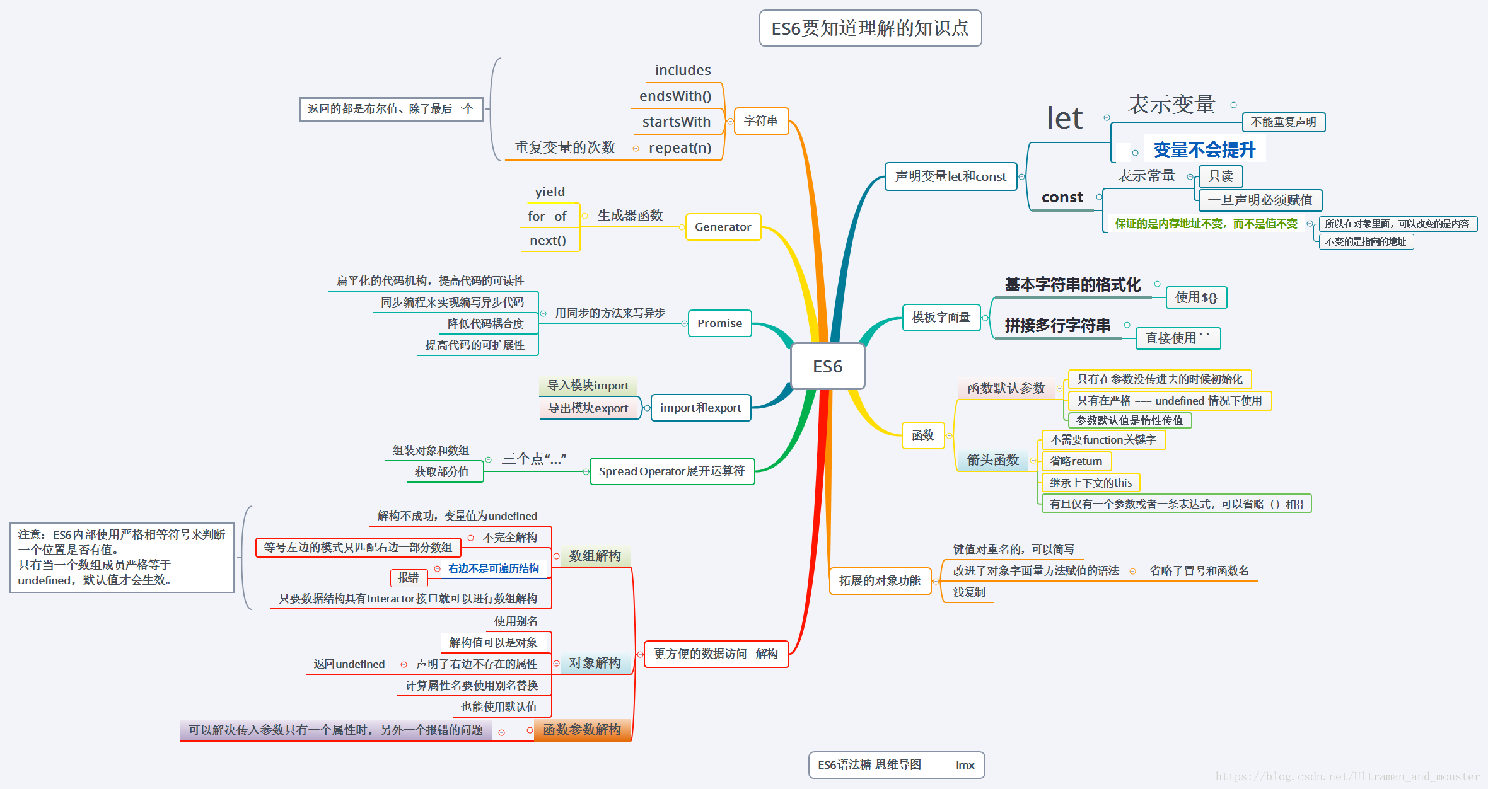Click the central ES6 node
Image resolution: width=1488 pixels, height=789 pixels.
pos(827,366)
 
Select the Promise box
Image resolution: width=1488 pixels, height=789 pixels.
pos(719,323)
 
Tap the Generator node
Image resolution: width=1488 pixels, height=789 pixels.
pos(723,227)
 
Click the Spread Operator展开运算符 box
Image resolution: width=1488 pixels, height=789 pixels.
pos(671,471)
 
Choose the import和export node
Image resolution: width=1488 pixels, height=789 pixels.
pos(700,408)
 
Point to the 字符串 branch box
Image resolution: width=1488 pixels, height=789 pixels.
pos(760,121)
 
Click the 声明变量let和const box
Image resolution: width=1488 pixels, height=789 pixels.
pos(950,176)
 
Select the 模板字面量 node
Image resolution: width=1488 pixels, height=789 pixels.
pos(941,317)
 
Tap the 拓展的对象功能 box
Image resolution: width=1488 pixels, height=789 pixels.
pos(880,580)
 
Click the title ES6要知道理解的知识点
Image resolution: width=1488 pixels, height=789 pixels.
pos(870,28)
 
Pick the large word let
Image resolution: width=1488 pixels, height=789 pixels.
pos(1064,118)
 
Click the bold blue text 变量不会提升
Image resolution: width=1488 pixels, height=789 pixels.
pos(1204,150)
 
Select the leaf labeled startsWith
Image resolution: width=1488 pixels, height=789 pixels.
pos(676,122)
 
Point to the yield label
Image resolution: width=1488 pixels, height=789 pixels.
pos(550,192)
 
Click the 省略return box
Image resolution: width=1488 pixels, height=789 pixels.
pos(1076,461)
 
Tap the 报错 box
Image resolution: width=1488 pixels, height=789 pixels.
pos(408,577)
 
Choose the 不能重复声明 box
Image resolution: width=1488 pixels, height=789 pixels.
pos(1283,122)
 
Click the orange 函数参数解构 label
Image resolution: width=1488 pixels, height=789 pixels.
pos(581,730)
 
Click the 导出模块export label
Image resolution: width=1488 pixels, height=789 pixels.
pos(588,408)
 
